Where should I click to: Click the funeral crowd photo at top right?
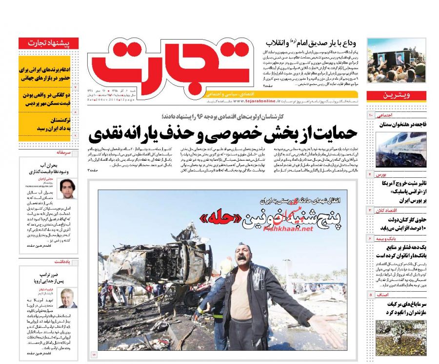(396, 61)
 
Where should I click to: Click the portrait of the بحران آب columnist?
(66, 188)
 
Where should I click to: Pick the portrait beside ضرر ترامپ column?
(67, 298)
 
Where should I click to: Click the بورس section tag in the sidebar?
(381, 174)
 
